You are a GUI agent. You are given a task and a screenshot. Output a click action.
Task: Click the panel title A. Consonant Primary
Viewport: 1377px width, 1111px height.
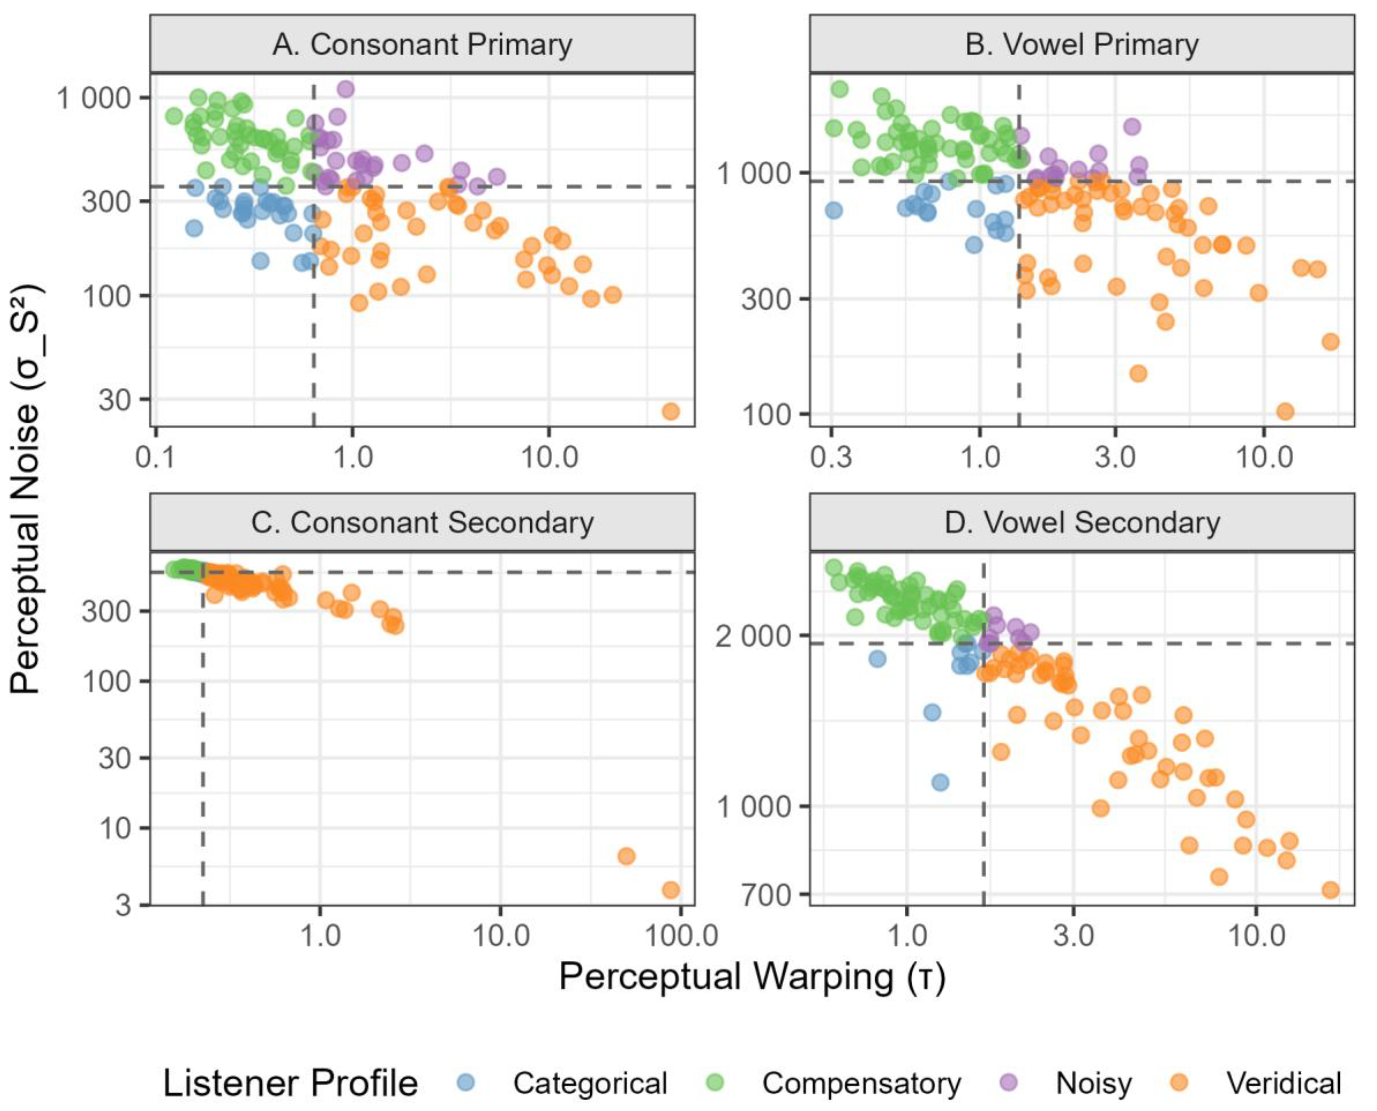click(422, 45)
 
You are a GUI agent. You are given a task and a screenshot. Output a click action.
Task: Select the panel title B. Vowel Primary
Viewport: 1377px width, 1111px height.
click(1081, 45)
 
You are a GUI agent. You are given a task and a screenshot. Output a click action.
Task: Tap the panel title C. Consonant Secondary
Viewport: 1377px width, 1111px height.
click(422, 523)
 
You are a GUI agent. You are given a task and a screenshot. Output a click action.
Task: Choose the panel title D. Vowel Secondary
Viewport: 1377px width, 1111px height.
click(1081, 523)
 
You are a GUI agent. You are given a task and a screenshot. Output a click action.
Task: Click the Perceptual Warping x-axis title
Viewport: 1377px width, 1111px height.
click(752, 976)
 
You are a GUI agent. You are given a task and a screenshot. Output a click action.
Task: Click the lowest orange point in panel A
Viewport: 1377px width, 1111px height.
click(670, 411)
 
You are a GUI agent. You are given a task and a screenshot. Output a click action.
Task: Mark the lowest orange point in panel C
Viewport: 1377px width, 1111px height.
click(670, 890)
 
